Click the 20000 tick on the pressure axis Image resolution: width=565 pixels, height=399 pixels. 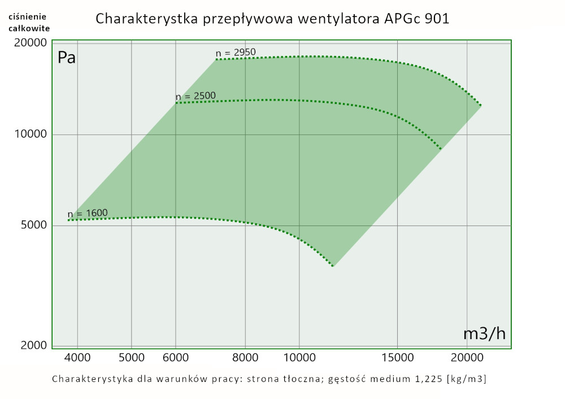[31, 43]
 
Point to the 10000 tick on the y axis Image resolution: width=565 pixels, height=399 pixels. [31, 135]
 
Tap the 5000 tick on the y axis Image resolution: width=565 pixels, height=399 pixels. [33, 225]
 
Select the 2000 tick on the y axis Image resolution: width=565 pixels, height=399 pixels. [33, 345]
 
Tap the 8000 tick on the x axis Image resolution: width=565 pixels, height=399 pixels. [246, 357]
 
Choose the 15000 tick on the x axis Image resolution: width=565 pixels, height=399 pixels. [397, 357]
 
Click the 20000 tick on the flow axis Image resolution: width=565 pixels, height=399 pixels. [467, 357]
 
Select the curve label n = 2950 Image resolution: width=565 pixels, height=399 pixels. [236, 53]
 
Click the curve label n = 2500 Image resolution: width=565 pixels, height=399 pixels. [195, 97]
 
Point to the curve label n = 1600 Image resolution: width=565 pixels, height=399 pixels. [87, 214]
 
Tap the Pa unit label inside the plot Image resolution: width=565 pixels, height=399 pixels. [67, 58]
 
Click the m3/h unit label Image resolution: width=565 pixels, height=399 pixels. [484, 333]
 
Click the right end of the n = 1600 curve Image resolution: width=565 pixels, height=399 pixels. [333, 266]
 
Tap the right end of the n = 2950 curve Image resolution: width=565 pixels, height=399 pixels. [481, 106]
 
